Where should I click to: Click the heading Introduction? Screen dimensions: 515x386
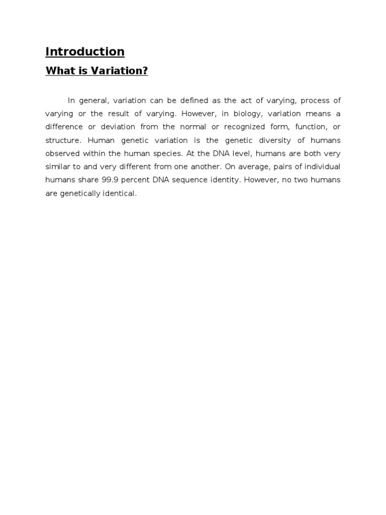[x=85, y=52]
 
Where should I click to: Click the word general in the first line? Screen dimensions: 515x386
[x=94, y=101]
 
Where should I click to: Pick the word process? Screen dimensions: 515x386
[x=315, y=101]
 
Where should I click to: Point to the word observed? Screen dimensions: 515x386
[x=62, y=153]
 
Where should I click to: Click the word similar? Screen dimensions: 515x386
[x=57, y=167]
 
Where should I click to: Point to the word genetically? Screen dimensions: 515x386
[x=83, y=193]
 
